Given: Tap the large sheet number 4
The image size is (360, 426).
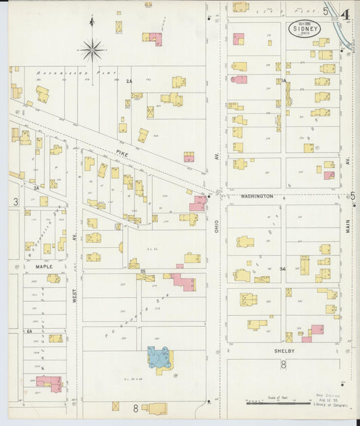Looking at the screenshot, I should pos(344,14).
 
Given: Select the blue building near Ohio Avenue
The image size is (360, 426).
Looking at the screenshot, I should pos(161,359).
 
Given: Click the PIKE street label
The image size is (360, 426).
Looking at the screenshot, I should pos(122,154).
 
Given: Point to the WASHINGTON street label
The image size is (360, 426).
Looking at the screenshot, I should pos(257,196).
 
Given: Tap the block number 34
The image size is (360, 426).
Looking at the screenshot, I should pos(283,269).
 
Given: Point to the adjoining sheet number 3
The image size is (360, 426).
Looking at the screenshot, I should pos(14,202).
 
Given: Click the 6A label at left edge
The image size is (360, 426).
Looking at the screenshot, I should pos(29,331).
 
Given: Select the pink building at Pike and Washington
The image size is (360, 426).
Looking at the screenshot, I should pos(199,203).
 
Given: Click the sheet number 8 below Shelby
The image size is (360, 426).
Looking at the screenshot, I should pos(284,365).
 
